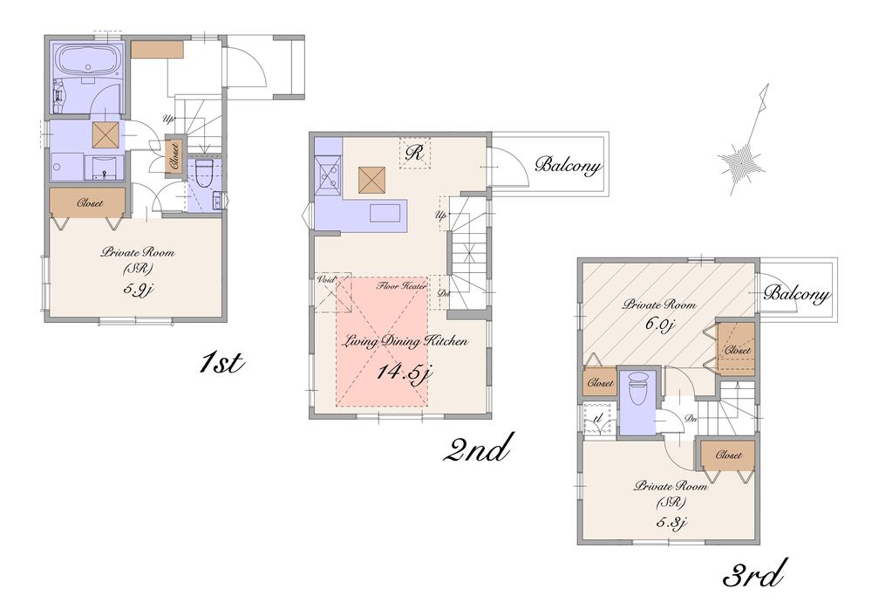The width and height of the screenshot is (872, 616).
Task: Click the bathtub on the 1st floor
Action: tap(85, 60)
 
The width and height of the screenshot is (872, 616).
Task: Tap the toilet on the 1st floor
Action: tap(203, 174)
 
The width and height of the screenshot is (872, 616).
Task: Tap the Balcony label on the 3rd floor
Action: tap(796, 294)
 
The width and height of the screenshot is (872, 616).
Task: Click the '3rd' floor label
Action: tap(754, 575)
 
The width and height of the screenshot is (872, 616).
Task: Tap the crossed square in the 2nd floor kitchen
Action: tap(372, 181)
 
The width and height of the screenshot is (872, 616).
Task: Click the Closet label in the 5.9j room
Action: tap(89, 203)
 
